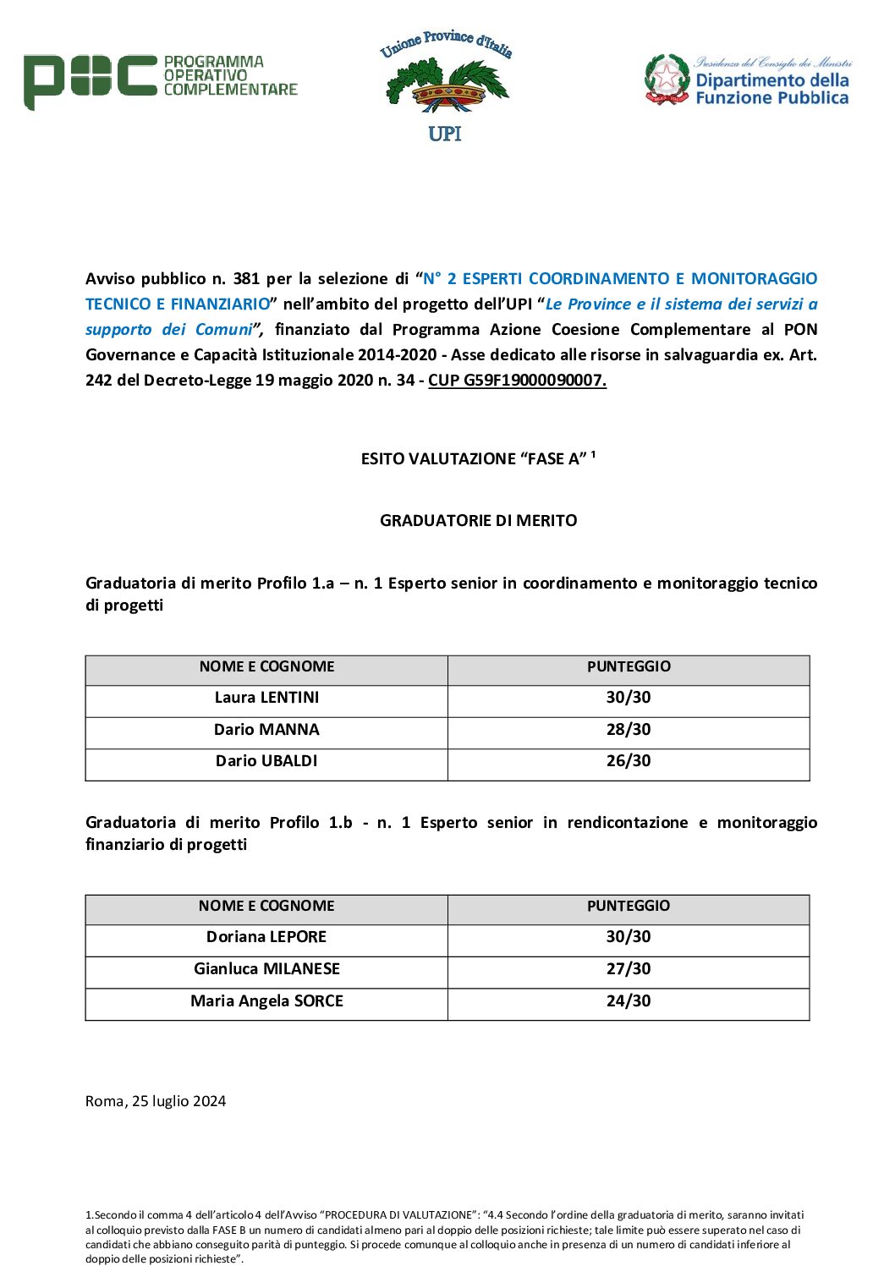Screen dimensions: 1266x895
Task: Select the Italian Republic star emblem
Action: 667,79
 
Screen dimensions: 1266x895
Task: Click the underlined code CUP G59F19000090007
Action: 517,381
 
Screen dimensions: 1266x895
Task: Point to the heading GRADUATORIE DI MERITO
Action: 478,521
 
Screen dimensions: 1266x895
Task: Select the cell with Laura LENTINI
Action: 266,698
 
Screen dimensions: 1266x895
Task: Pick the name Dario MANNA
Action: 266,730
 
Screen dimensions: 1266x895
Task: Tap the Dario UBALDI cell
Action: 266,761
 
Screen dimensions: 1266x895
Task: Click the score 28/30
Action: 629,730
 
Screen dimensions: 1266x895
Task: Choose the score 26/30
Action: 629,761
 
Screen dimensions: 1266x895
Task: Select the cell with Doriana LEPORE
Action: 266,937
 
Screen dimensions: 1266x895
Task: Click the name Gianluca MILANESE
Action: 266,969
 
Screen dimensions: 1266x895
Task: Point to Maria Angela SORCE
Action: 266,1001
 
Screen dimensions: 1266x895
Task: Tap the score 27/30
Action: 629,969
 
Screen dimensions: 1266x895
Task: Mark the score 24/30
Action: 629,1001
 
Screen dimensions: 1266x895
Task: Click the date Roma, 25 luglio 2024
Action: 156,1101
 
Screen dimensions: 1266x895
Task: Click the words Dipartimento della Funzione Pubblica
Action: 771,89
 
